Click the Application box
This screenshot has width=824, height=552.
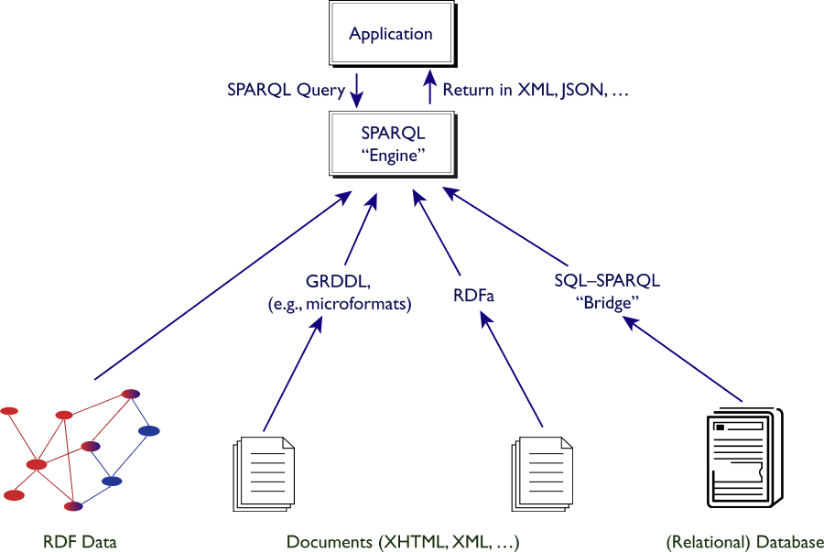pos(391,35)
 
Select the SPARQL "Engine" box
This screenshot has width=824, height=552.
pos(392,145)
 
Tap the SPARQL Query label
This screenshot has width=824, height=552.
pos(286,91)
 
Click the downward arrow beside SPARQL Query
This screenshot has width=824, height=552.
pos(358,91)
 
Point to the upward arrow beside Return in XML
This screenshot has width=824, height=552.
pos(428,90)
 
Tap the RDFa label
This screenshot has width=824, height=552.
pos(476,296)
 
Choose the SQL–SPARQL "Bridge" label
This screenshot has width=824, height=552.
pos(606,292)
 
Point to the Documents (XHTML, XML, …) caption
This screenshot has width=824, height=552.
pos(403,542)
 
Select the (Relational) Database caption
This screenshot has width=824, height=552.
pos(745,542)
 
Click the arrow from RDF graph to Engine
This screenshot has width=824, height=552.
pos(220,287)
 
